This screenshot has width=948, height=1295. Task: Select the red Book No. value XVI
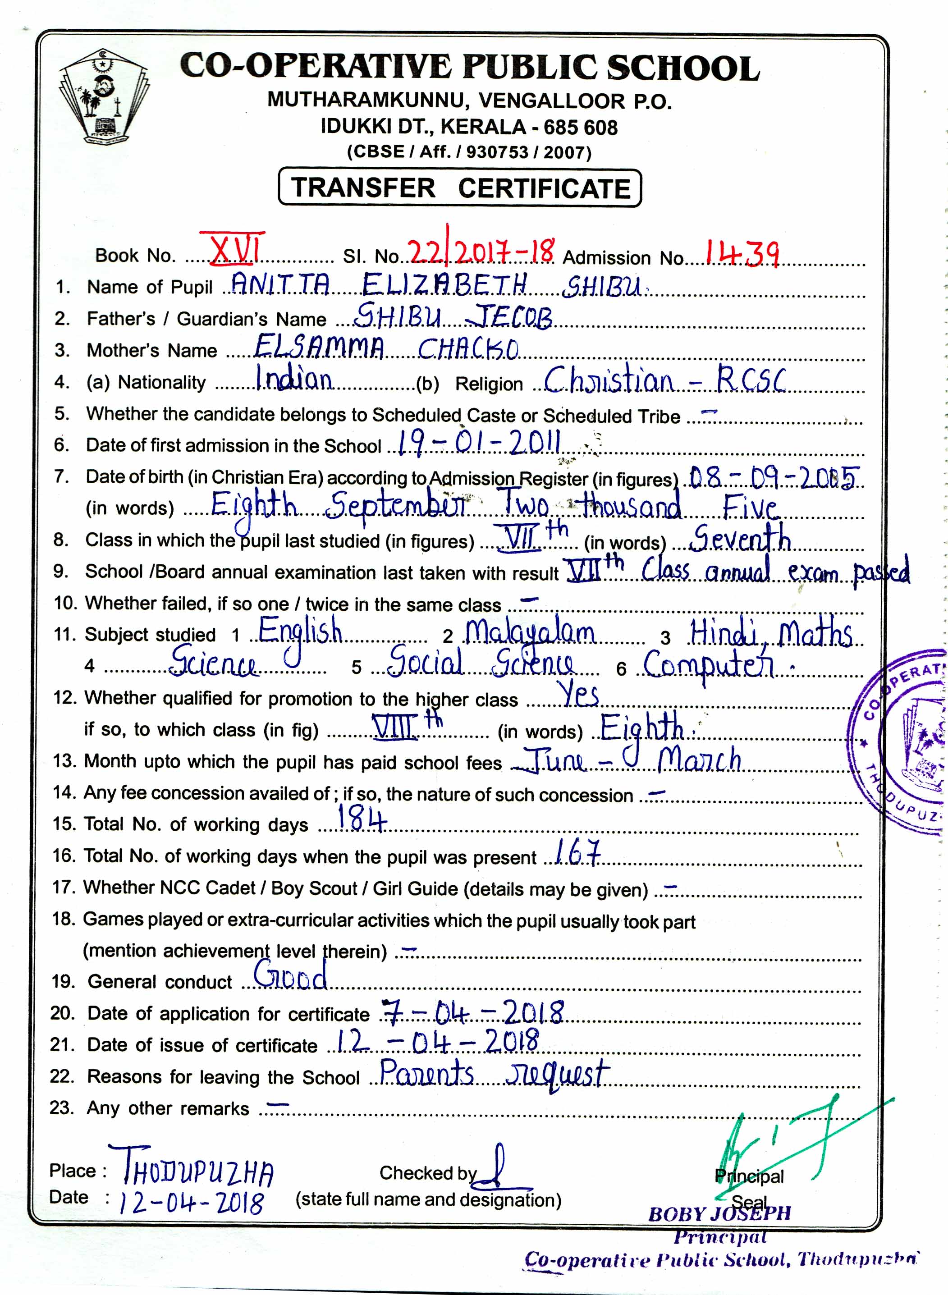coord(233,248)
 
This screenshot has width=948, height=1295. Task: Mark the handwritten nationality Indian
coord(294,378)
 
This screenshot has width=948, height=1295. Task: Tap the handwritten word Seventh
coord(740,538)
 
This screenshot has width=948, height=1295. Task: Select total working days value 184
coord(362,818)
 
